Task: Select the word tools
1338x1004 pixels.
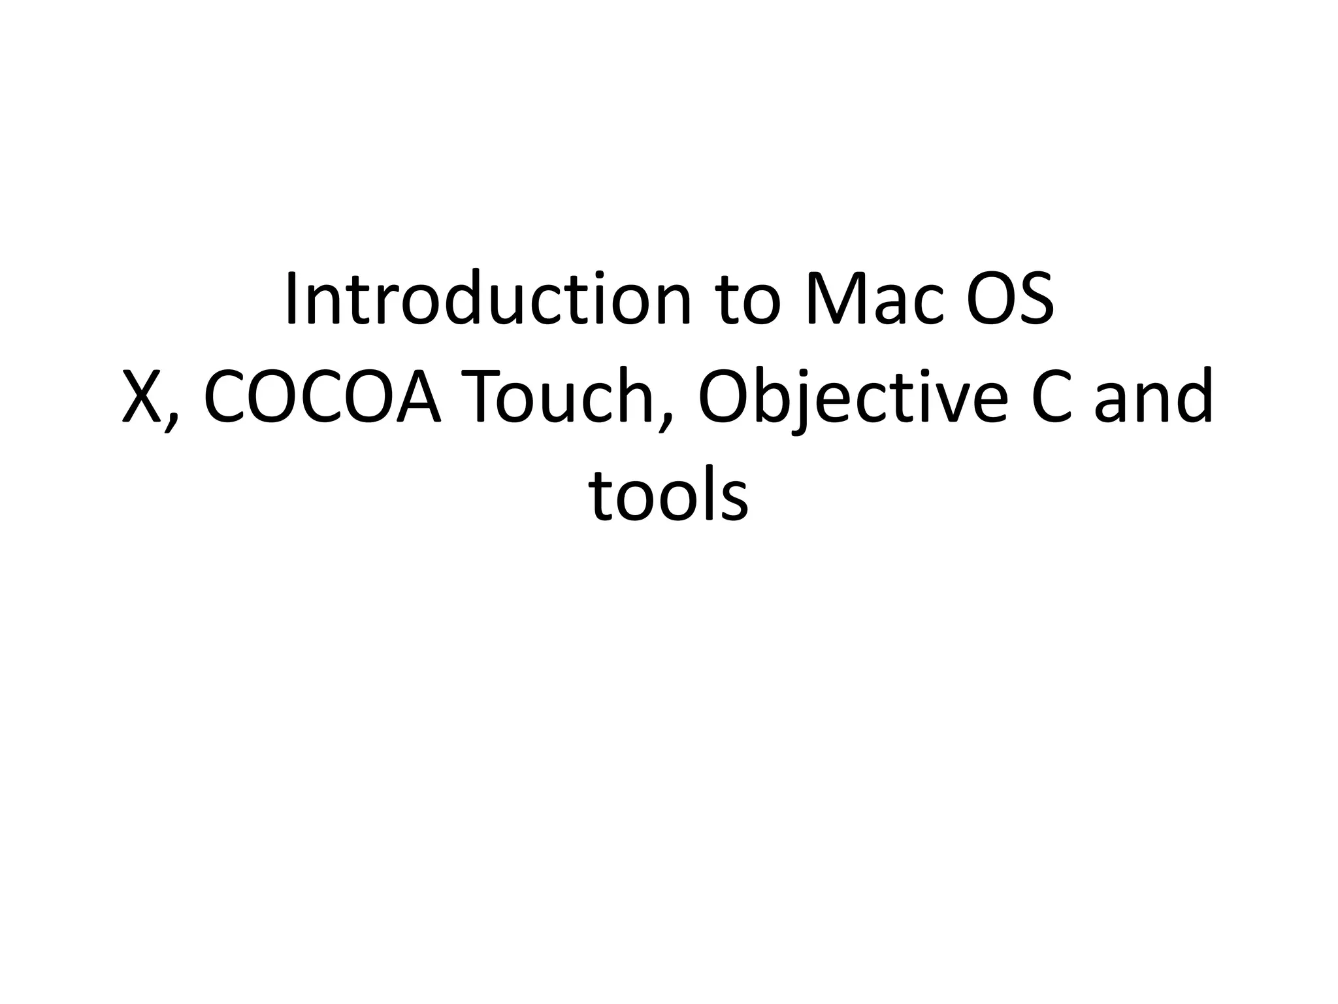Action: tap(668, 495)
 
